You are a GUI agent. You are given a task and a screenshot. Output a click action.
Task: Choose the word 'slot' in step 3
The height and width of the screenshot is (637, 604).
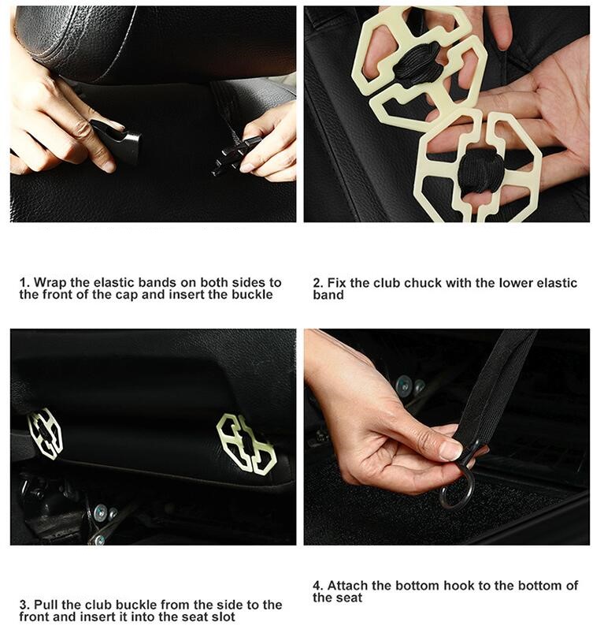coord(224,617)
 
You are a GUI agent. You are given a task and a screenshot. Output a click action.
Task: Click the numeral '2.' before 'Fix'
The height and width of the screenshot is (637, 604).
coord(318,283)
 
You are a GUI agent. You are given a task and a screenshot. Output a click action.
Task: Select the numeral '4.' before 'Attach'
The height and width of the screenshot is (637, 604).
coord(318,586)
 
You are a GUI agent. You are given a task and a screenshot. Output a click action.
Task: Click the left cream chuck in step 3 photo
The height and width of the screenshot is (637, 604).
coord(45,434)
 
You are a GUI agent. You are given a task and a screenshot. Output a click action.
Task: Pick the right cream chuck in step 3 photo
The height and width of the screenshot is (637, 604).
coord(246,444)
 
